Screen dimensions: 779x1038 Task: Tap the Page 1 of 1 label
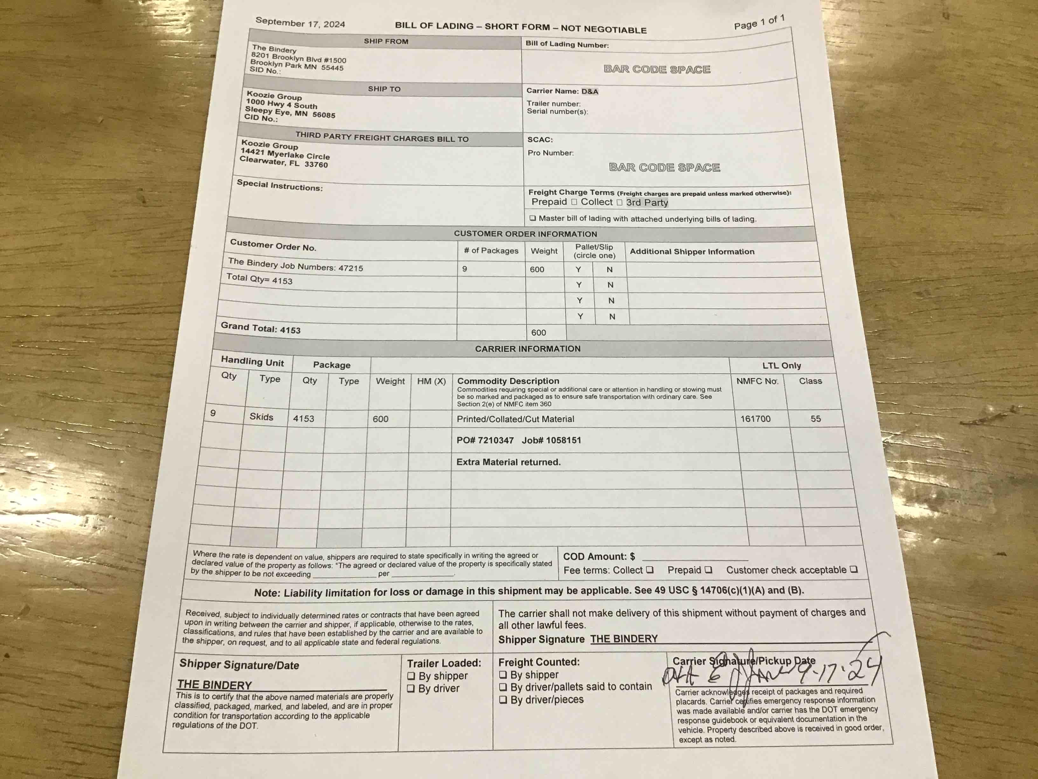[x=759, y=22]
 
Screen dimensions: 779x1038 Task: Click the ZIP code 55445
[x=332, y=67]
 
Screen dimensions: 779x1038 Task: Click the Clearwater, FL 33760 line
[x=283, y=162]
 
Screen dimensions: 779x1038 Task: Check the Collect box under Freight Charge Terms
[x=619, y=202]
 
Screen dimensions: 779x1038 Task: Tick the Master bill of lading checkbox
[x=533, y=218]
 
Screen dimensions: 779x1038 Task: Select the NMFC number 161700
[x=755, y=419]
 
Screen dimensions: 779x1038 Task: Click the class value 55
[x=816, y=419]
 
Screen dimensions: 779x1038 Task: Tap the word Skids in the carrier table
[x=261, y=417]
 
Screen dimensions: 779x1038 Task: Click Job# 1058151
[x=551, y=440]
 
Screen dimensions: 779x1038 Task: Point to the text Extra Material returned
[x=508, y=462]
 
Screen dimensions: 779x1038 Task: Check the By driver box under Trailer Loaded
[x=411, y=688]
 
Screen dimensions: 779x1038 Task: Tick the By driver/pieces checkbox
[x=503, y=700]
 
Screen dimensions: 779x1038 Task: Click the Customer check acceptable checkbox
[x=854, y=570]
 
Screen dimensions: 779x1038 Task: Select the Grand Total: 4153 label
[x=260, y=328]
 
